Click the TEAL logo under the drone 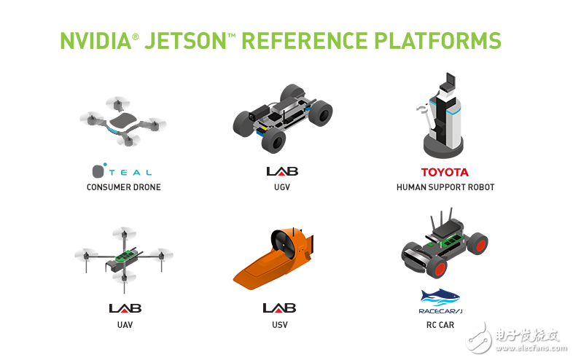[122, 171]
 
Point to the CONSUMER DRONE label [123, 187]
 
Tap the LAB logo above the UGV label [281, 171]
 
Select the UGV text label [281, 187]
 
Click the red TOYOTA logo [445, 173]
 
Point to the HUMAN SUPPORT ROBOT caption [445, 187]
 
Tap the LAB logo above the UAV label [123, 308]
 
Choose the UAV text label [123, 324]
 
